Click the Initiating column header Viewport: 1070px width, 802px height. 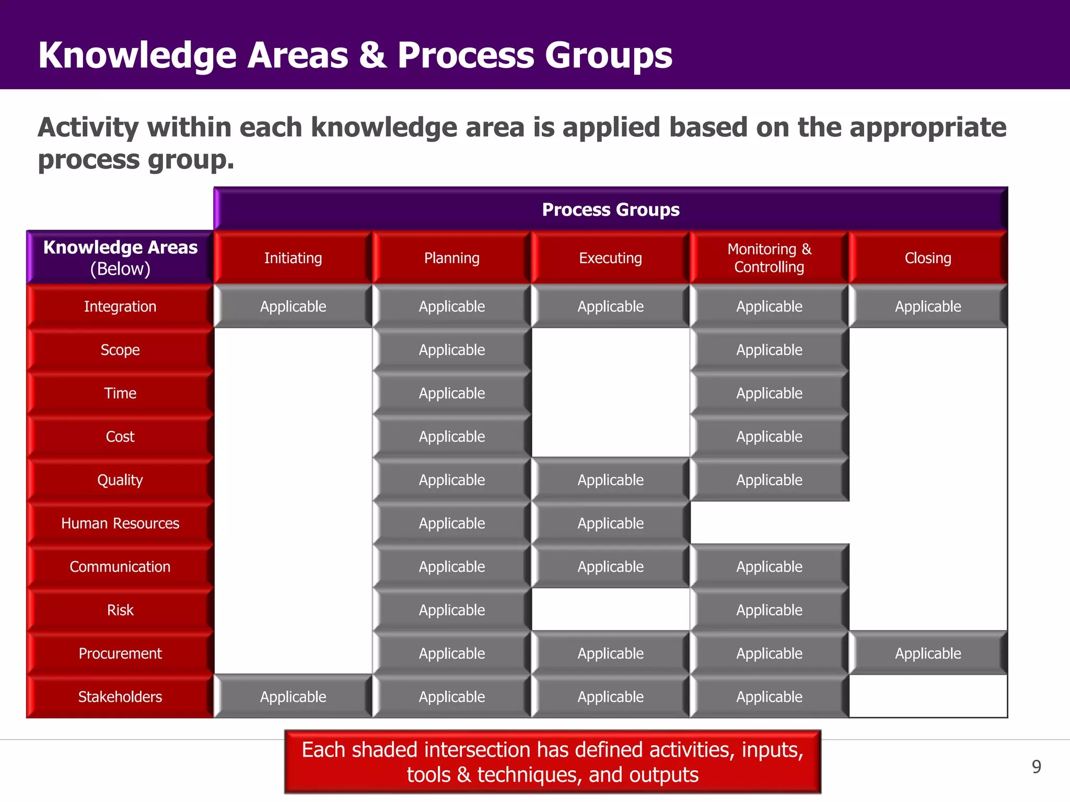click(x=293, y=258)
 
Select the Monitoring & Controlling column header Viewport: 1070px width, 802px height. click(x=769, y=258)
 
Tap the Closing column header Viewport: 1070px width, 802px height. click(x=928, y=258)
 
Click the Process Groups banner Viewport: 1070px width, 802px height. click(x=610, y=209)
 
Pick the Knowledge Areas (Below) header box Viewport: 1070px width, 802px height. click(x=120, y=257)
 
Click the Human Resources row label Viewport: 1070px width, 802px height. click(x=120, y=523)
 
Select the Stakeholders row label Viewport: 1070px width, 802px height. click(x=120, y=697)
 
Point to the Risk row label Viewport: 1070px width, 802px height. click(x=120, y=610)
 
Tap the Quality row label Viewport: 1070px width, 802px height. click(x=120, y=480)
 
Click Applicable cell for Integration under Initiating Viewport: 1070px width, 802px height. click(x=293, y=306)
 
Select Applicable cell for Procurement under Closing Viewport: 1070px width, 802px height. click(x=928, y=653)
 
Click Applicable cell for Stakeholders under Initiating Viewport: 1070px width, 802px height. click(x=293, y=697)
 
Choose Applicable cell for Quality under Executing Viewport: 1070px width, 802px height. click(x=610, y=480)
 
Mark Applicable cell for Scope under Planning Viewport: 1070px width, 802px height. click(x=452, y=350)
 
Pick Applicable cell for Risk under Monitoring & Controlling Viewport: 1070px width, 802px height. click(x=769, y=610)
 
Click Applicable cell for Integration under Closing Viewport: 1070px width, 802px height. click(x=928, y=306)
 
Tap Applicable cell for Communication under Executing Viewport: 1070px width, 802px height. click(x=610, y=567)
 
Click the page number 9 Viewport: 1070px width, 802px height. click(x=1037, y=766)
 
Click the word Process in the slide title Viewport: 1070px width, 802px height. click(x=466, y=55)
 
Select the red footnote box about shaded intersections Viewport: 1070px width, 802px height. click(x=552, y=762)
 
